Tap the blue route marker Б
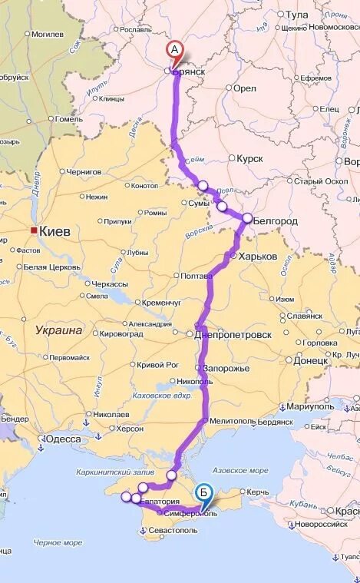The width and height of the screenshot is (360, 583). click(204, 492)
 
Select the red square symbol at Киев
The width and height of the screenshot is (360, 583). click(33, 230)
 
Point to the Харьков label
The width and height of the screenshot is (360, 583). click(258, 256)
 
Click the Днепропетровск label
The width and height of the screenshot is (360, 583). click(233, 335)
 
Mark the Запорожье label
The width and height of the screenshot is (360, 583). click(226, 368)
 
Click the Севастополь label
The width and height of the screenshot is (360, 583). click(173, 530)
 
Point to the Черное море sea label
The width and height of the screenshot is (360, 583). click(58, 542)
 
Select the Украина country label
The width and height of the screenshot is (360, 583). click(58, 330)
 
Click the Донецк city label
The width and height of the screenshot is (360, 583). click(310, 359)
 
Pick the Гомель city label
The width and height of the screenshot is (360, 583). click(69, 119)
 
